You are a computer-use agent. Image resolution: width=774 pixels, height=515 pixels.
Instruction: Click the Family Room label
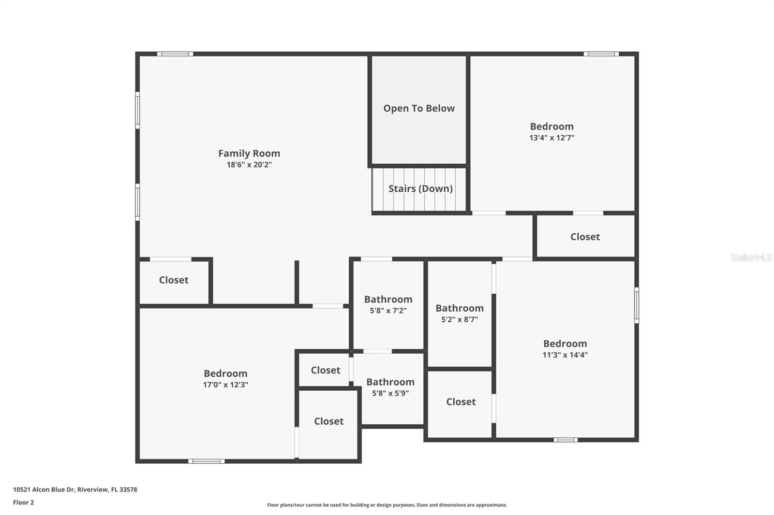[x=249, y=153]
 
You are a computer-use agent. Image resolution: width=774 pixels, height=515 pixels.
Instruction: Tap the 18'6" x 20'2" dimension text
[x=249, y=165]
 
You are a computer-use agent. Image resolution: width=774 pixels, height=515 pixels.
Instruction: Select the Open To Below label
[x=419, y=108]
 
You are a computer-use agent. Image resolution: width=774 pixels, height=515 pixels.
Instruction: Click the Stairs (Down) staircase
[x=420, y=189]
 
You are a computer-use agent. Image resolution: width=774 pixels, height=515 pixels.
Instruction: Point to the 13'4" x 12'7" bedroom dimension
[x=551, y=138]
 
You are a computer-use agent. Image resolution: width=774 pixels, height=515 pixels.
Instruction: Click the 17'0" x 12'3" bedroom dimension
[x=225, y=385]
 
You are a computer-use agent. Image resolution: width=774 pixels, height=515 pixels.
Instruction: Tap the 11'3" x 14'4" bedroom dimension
[x=565, y=355]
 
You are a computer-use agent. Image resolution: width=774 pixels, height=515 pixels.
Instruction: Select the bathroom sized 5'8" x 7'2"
[x=388, y=304]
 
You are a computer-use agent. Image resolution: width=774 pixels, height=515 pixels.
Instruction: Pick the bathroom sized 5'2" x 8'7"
[x=459, y=313]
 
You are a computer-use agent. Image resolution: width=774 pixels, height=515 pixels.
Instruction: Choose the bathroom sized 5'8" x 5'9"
[x=390, y=387]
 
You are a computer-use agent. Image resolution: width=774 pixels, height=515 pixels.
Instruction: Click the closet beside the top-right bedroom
[x=585, y=237]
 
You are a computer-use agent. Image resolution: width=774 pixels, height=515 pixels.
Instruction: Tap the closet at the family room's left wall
[x=174, y=280]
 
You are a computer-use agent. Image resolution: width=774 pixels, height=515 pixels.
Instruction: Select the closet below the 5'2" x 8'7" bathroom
[x=461, y=402]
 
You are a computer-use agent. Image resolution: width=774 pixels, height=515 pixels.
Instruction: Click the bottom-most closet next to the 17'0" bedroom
[x=328, y=421]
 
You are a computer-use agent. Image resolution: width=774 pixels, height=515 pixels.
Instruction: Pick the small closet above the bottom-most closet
[x=325, y=370]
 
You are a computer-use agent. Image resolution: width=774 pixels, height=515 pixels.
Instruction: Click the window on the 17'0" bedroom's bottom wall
[x=206, y=461]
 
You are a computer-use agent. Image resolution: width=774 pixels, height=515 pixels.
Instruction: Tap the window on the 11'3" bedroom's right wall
[x=636, y=305]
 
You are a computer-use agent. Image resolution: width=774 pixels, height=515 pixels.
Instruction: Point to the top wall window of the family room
[x=175, y=54]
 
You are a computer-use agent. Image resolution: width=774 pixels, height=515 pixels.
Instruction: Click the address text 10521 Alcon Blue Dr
[x=75, y=489]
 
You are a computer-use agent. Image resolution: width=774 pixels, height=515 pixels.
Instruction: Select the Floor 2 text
[x=23, y=502]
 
